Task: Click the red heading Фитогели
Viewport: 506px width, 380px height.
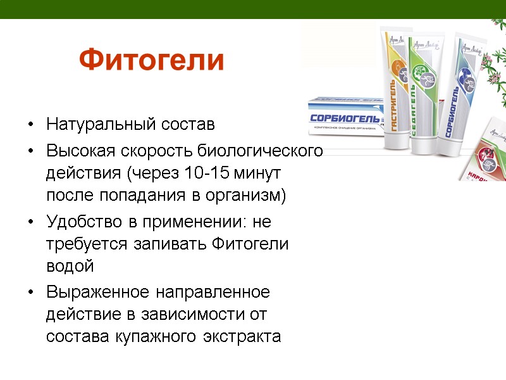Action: tap(152, 60)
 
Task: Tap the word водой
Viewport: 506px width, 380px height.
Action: tap(70, 266)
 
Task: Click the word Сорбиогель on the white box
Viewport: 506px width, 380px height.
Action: tap(345, 118)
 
